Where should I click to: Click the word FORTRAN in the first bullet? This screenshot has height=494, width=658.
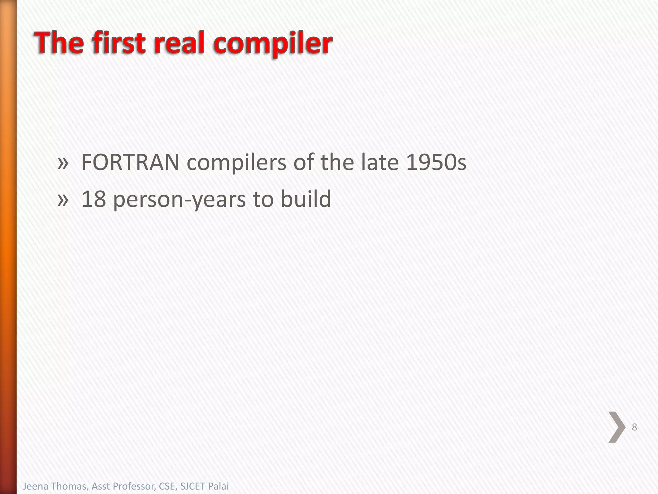click(130, 162)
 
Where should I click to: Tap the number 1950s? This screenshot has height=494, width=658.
click(436, 162)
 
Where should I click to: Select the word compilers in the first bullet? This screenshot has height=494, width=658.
click(236, 162)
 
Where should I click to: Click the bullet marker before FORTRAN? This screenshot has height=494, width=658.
click(63, 163)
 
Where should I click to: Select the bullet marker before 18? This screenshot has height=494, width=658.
click(63, 200)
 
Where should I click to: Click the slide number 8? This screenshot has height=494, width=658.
click(634, 427)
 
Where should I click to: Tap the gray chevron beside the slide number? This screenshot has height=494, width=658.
click(617, 427)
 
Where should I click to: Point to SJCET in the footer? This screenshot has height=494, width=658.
click(191, 486)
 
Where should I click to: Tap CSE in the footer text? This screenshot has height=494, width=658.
click(168, 486)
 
